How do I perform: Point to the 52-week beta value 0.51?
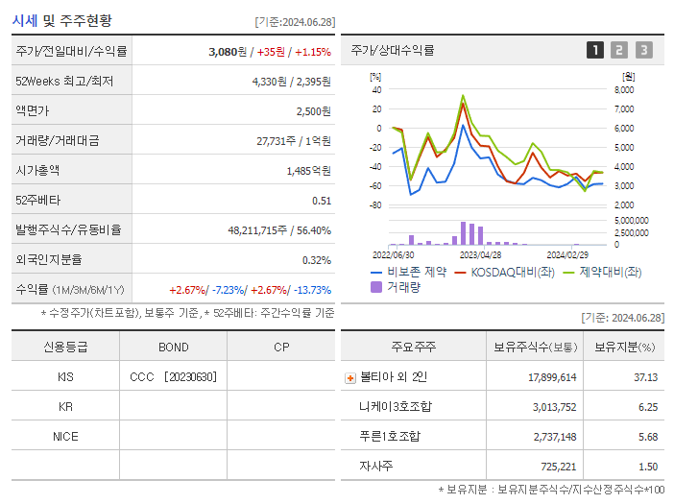pos(322,201)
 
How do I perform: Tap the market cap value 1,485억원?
pos(308,171)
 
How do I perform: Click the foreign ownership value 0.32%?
pos(317,260)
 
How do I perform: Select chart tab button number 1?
pos(595,50)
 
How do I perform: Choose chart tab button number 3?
pos(643,50)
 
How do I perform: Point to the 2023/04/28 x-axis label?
pos(480,255)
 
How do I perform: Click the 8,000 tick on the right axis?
pos(623,89)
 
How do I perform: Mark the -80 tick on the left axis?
pos(375,205)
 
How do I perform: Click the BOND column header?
pos(173,347)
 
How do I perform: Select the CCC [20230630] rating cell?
pos(173,377)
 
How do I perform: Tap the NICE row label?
pos(65,436)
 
